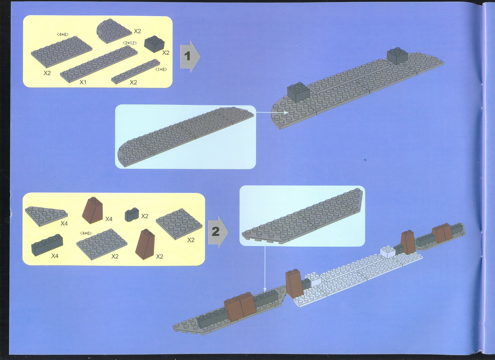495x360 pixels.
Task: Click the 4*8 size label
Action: tap(62, 34)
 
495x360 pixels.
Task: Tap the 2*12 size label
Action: tap(129, 43)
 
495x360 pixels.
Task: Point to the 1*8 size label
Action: tap(161, 69)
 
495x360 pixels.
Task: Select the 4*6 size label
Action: tap(86, 233)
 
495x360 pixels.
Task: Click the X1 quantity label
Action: tap(83, 82)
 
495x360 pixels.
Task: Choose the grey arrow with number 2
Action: tap(218, 232)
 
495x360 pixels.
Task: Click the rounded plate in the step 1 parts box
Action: tap(114, 31)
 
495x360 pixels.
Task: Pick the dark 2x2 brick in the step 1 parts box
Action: tap(154, 44)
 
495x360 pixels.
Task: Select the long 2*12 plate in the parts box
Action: tap(99, 64)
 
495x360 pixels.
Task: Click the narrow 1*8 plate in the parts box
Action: tap(135, 72)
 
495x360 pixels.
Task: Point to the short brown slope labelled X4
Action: tap(93, 210)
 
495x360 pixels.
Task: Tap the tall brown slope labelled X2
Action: tap(145, 244)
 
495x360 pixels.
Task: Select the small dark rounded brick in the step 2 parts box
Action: tap(132, 215)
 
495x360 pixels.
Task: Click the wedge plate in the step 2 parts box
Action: tap(46, 216)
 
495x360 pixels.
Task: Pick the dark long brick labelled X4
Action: tap(47, 245)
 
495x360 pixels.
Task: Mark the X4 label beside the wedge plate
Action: tap(64, 224)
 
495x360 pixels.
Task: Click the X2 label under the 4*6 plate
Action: tap(115, 256)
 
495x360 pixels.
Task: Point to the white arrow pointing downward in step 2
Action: tap(265, 269)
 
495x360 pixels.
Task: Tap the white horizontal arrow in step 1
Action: tap(272, 112)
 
